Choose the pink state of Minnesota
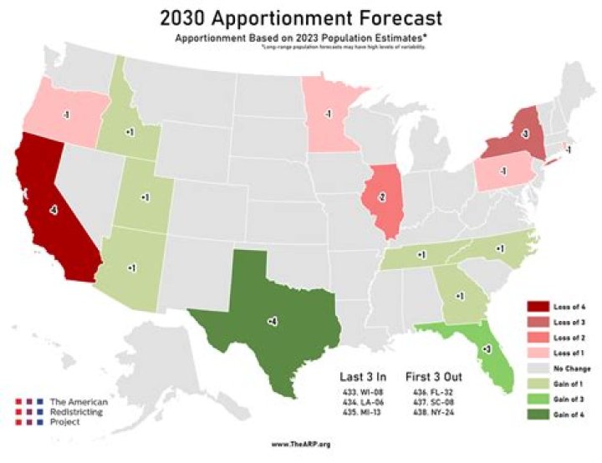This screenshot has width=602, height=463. tap(330, 113)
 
